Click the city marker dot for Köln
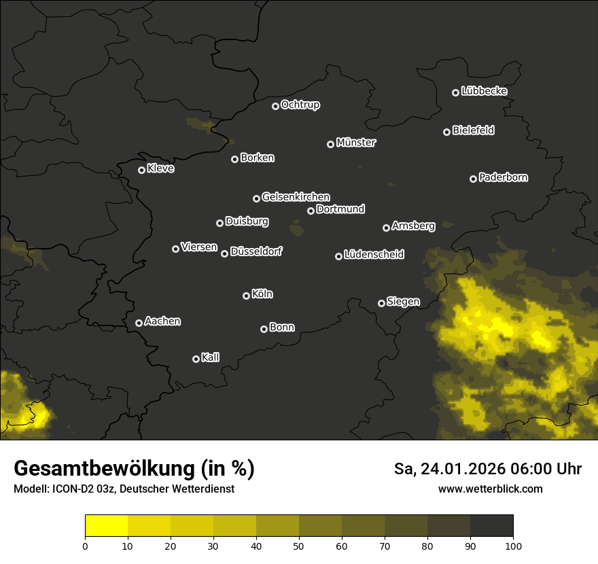coord(246,296)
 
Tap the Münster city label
coord(356,143)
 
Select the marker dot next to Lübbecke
coord(455,92)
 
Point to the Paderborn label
coord(504,177)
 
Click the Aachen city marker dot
coord(139,323)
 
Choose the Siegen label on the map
coord(403,302)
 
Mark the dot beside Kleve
coord(141,170)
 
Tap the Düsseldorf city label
coord(256,251)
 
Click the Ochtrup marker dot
coord(275,106)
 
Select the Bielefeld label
coord(473,130)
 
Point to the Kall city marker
coord(196,359)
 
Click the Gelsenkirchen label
coord(296,197)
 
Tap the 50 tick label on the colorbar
coord(299,546)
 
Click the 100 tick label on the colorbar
coord(513,546)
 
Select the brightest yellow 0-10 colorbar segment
coord(106,526)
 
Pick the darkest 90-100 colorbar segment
coord(491,526)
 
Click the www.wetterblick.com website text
coord(490,489)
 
